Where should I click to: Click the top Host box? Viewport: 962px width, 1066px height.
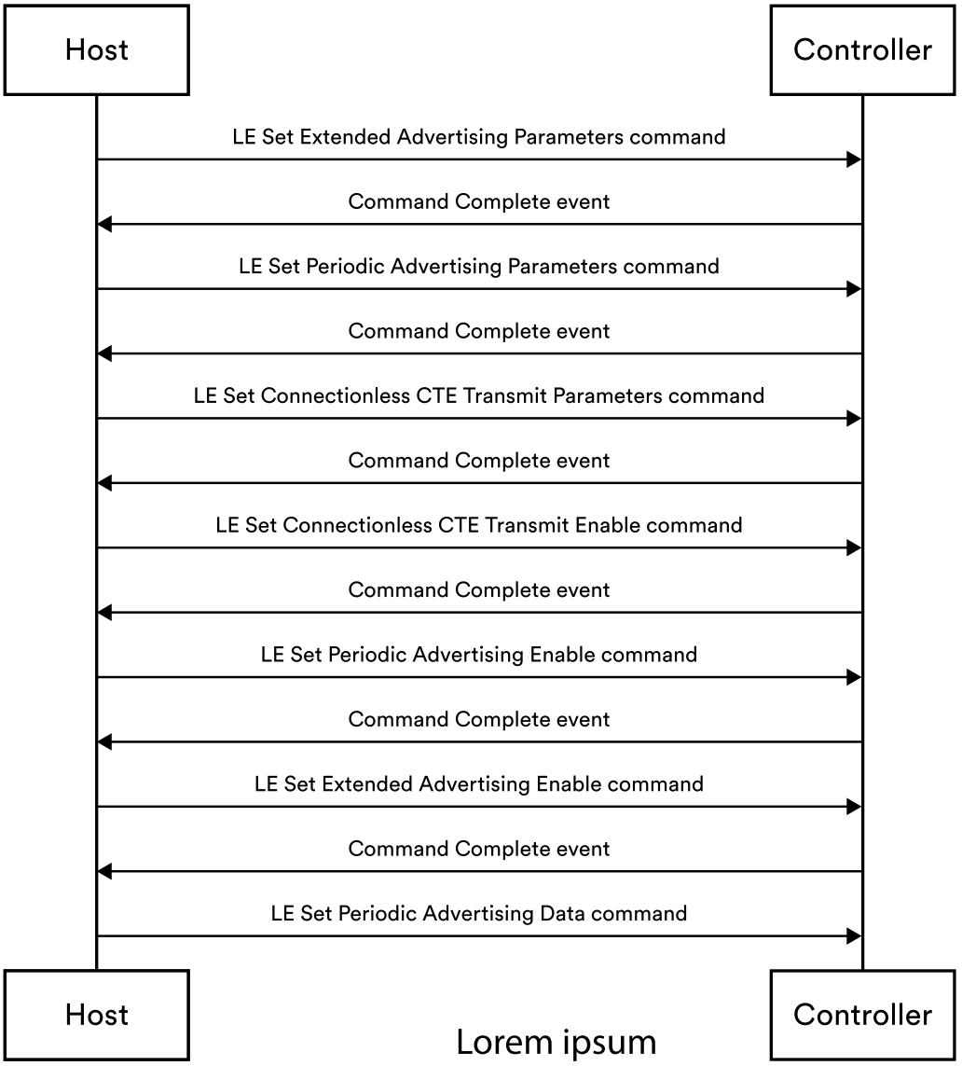click(x=96, y=49)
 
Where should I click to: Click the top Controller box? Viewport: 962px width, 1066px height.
click(x=862, y=49)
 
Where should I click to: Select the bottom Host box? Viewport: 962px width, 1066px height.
click(x=96, y=1014)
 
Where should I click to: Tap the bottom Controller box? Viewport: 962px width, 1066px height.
click(x=862, y=1014)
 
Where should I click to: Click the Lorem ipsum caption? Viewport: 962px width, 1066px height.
click(x=556, y=1042)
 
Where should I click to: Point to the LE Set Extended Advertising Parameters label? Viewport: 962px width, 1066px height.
click(x=478, y=137)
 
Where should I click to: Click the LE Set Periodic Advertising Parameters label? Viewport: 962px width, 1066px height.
click(x=478, y=267)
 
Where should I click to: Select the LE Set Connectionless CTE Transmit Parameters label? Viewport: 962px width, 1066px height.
click(x=478, y=395)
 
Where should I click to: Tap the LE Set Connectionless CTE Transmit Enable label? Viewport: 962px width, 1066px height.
click(x=478, y=525)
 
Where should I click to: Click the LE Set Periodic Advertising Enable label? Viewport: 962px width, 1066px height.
click(x=478, y=655)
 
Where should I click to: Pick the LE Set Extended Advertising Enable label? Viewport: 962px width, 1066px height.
click(x=478, y=783)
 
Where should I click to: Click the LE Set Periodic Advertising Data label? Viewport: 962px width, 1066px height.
click(x=478, y=913)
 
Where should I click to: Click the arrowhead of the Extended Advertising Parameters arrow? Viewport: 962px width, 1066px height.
click(x=854, y=160)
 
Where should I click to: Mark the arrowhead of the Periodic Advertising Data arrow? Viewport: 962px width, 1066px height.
click(x=854, y=936)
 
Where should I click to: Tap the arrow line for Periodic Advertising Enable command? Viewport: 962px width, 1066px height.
click(x=478, y=678)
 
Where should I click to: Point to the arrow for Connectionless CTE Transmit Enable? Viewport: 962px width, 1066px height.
click(x=478, y=548)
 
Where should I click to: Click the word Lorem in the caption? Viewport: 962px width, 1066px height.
click(x=501, y=1042)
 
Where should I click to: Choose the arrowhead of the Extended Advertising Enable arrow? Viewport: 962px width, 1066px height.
click(x=854, y=807)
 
